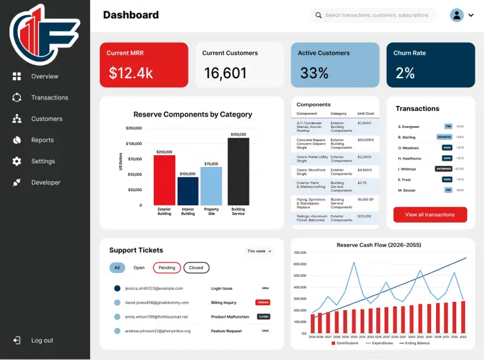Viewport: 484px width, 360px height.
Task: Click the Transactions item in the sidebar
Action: coord(49,98)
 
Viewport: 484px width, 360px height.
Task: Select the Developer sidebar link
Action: coord(45,183)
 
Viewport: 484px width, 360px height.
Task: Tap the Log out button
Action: coord(42,340)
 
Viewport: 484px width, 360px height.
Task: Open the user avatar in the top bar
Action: coord(457,15)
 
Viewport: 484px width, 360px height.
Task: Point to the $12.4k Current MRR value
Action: coord(130,73)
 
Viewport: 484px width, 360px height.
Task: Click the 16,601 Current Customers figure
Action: coord(225,73)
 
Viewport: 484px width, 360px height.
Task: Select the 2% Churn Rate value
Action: coord(405,73)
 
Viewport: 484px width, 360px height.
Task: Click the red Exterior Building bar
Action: coord(164,180)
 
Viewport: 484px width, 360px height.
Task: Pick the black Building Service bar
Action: coord(238,171)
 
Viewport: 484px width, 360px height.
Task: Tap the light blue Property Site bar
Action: coord(211,186)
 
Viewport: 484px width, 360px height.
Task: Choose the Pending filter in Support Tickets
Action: coord(167,267)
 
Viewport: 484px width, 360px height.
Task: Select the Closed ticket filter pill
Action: coord(196,267)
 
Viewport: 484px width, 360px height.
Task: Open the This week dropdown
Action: coord(259,251)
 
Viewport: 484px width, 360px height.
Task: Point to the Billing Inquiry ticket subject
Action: coord(224,303)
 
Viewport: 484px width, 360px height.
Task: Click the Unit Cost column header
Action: coord(366,113)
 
